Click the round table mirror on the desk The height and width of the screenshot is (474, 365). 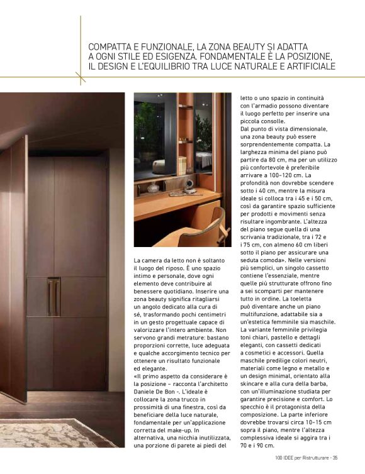[189, 185]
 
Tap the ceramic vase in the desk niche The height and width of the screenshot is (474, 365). [152, 187]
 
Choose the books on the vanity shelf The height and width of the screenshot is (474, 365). [182, 165]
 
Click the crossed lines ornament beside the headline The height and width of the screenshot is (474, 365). [81, 77]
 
